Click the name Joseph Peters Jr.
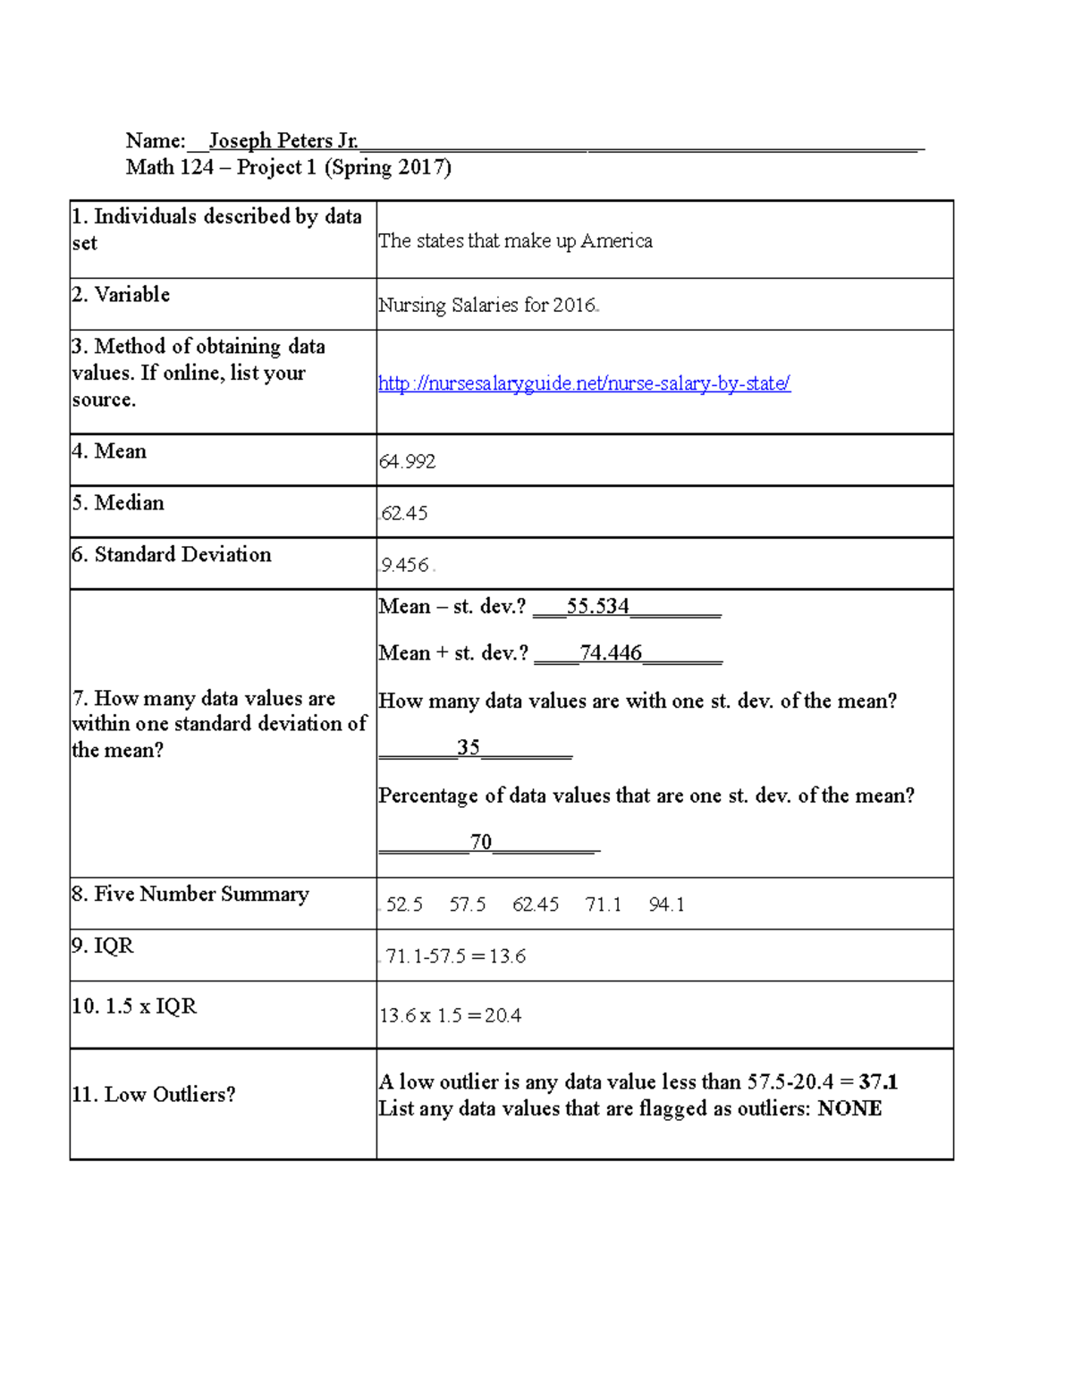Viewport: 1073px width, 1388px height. tap(283, 140)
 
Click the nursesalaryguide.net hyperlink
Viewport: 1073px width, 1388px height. tap(584, 383)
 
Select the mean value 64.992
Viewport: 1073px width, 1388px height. tap(407, 461)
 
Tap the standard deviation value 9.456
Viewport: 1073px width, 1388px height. tap(405, 565)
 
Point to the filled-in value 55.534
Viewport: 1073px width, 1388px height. tap(597, 606)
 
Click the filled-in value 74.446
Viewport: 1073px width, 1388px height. tap(611, 652)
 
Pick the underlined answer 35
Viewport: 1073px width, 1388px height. tap(469, 747)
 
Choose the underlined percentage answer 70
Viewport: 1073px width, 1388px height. tap(481, 842)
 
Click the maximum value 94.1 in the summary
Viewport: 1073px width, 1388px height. tap(666, 904)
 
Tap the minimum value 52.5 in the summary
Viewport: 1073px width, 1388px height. tap(404, 904)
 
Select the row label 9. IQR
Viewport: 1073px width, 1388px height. tap(103, 946)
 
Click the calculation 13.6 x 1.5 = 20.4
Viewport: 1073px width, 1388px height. tap(451, 1015)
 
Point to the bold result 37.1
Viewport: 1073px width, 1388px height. tap(878, 1081)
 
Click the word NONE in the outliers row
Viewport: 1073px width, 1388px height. tap(849, 1108)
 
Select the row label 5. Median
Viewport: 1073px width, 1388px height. tap(118, 502)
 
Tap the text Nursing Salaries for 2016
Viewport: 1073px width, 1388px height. tap(487, 305)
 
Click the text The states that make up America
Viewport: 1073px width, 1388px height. tap(515, 240)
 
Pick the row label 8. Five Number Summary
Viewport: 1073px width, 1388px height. tap(190, 894)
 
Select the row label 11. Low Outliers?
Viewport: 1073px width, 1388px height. tap(154, 1094)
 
